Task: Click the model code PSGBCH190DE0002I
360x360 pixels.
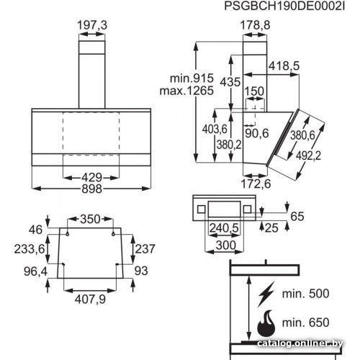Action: pos(284,6)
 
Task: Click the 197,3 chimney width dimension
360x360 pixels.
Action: pos(92,25)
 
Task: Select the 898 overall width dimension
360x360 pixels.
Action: pos(92,189)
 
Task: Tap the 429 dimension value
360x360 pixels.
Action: pos(92,178)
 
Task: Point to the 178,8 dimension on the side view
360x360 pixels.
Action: pos(255,25)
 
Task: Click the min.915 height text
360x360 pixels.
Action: pos(192,78)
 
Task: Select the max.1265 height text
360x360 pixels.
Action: pos(186,91)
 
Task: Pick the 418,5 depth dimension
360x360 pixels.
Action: pos(284,66)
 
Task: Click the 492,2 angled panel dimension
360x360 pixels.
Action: pos(308,156)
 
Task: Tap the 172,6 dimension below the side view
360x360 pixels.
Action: pos(256,184)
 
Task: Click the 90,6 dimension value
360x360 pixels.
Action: pos(257,133)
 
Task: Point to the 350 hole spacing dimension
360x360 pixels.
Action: pos(90,219)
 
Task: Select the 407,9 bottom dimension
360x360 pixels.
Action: pos(90,300)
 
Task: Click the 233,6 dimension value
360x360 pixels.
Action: pos(30,249)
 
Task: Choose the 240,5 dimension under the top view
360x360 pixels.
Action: pos(224,228)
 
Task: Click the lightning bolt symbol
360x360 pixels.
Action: pos(266,294)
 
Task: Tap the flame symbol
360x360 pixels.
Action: pos(266,323)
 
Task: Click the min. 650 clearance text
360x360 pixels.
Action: pos(305,323)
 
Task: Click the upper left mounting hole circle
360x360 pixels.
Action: pos(68,234)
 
